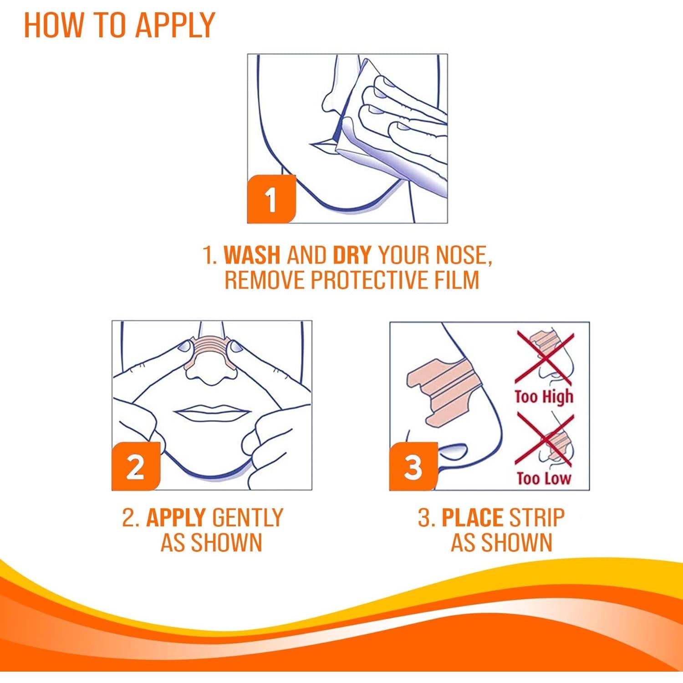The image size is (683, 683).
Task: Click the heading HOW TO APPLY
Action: (x=119, y=25)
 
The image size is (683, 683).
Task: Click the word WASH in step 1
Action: (x=252, y=255)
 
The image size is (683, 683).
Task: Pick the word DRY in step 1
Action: (x=352, y=255)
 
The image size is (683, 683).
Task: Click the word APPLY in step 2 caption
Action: (x=176, y=517)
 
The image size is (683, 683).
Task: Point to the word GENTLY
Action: (x=248, y=517)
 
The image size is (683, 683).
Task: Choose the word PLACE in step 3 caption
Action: (x=472, y=517)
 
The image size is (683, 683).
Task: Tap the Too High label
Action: (x=544, y=397)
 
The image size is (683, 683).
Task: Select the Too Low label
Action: (x=544, y=478)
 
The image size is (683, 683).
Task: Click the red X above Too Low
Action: (x=544, y=440)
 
